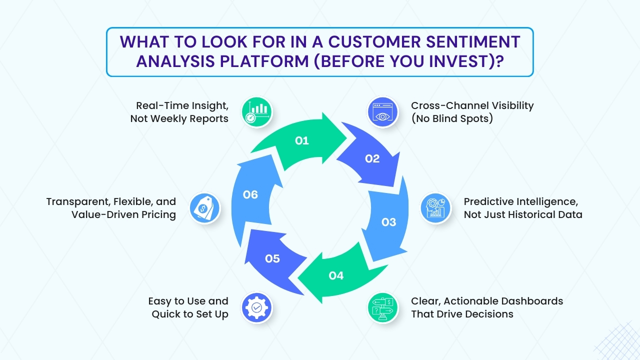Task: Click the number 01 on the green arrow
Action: pos(301,141)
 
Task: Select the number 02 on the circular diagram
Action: pos(372,159)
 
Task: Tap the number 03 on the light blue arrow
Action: pos(389,222)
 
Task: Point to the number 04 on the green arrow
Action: pos(336,275)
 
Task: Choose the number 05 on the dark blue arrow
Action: pos(272,258)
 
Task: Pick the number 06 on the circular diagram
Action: pos(250,194)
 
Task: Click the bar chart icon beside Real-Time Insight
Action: pos(256,112)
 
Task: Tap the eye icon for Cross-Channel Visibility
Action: pos(382,112)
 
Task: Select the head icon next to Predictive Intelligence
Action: pos(435,208)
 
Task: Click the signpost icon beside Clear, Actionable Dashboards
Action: pos(382,307)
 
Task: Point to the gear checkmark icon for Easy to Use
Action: pos(256,307)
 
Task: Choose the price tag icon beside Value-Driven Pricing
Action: pos(204,208)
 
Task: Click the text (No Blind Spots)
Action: pos(452,118)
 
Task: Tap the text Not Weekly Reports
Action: pos(179,118)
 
